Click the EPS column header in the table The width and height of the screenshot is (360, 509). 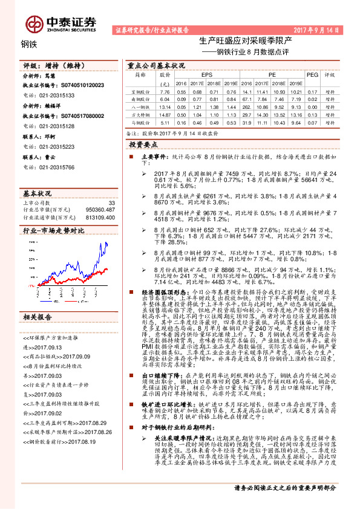pos(198,74)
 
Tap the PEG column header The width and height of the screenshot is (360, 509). pos(313,74)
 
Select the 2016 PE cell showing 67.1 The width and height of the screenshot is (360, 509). pos(244,98)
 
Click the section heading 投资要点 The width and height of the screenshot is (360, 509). pos(143,145)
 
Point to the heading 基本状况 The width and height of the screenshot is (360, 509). pos(38,194)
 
